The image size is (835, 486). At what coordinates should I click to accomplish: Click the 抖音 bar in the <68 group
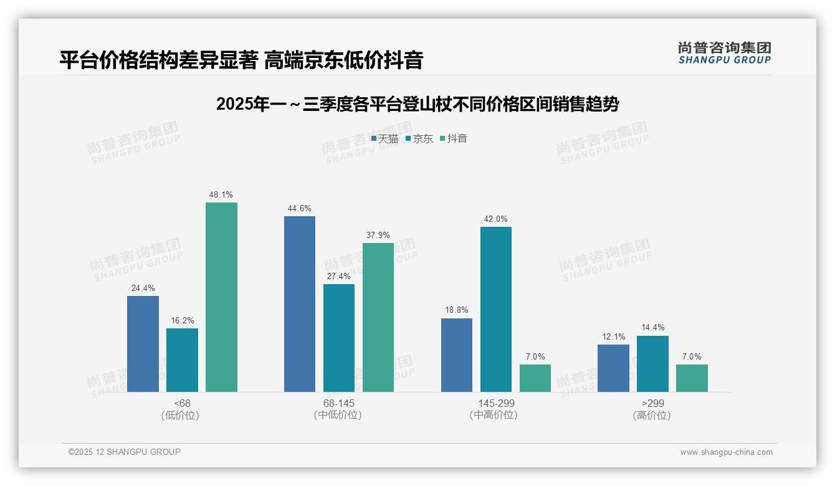(221, 297)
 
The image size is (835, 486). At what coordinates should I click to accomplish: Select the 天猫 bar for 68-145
(300, 304)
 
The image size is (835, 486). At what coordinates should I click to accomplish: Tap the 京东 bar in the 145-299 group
(496, 309)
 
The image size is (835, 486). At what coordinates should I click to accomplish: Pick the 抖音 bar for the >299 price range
(692, 378)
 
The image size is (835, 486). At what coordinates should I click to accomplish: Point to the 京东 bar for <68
(182, 360)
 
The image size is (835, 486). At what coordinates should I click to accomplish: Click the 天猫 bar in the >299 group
(613, 368)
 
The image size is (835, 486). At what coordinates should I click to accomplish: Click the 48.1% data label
(221, 195)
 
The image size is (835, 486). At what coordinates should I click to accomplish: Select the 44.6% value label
(300, 209)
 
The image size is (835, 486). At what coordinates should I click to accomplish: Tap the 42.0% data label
(496, 219)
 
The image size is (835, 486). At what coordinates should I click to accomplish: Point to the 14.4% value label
(652, 328)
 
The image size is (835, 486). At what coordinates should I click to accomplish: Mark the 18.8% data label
(457, 310)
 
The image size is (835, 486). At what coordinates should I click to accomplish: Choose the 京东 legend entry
(419, 139)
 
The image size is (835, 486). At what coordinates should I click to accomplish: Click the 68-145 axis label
(338, 404)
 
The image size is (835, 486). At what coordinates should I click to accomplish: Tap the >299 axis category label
(652, 404)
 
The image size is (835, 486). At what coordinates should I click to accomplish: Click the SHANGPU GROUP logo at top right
(725, 53)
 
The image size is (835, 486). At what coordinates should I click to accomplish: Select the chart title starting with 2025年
(417, 105)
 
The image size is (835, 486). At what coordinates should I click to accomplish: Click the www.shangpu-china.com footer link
(726, 452)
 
